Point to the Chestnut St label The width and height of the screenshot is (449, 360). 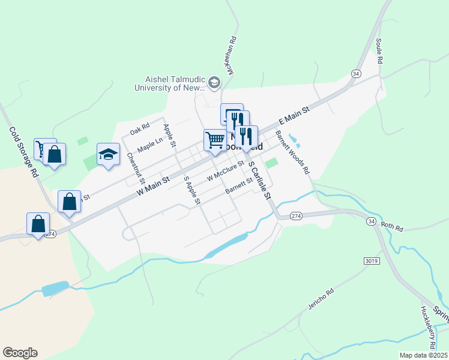136,168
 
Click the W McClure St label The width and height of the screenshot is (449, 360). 225,171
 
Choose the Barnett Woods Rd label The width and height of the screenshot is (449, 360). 292,152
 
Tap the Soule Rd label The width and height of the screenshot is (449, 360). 379,51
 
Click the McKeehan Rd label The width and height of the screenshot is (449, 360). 230,55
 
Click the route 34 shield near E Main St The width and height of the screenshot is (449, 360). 356,73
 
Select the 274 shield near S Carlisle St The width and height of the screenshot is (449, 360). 295,216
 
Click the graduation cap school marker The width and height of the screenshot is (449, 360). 108,155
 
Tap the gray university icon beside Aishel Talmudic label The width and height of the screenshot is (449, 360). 214,83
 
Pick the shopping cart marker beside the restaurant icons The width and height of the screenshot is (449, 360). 214,140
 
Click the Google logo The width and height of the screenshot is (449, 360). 20,353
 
